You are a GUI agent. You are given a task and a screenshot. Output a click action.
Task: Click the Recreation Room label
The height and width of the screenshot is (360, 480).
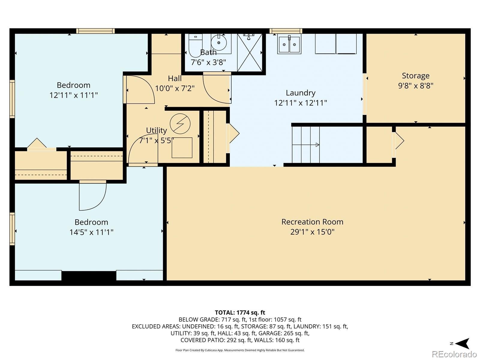[312, 222]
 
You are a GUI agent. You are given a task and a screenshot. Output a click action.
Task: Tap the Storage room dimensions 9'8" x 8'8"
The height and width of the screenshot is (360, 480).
[415, 85]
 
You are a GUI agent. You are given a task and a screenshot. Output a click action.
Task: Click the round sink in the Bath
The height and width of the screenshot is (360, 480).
[219, 42]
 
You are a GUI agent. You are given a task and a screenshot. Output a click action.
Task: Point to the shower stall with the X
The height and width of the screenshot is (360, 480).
[250, 52]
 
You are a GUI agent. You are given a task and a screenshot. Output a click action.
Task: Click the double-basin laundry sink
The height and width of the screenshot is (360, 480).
[289, 44]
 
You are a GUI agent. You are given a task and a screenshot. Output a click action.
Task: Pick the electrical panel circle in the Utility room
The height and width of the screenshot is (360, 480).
[180, 124]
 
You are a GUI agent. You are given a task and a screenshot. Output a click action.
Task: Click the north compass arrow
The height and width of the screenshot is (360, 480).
[462, 343]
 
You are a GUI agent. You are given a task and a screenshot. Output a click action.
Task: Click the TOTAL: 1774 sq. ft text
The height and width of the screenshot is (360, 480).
[240, 313]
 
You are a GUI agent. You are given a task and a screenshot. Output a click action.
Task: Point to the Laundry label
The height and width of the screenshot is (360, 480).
[301, 93]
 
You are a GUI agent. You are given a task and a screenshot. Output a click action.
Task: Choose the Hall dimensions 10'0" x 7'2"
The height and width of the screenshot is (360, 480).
[175, 88]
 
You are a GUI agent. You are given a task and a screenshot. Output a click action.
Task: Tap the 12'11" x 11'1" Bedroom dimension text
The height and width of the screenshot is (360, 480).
[73, 95]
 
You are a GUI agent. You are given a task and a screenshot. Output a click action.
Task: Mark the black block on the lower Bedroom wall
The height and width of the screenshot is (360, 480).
[89, 275]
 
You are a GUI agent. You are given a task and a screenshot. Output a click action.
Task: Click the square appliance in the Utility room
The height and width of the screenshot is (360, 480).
[182, 148]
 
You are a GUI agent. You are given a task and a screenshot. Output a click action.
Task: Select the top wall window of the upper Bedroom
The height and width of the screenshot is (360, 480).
[96, 31]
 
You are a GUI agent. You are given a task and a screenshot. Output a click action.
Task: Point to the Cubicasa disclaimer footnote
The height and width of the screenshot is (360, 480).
[240, 350]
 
